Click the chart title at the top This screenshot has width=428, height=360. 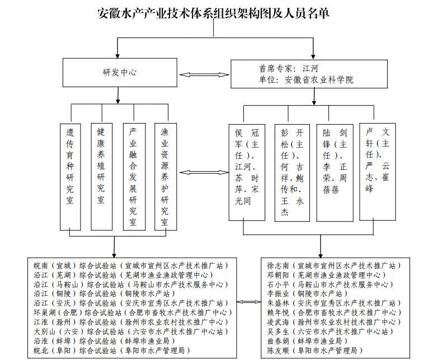pos(213,13)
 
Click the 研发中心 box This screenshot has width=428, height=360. pos(119,73)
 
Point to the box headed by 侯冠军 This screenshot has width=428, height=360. pos(247,172)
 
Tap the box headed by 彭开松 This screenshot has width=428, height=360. pos(292,172)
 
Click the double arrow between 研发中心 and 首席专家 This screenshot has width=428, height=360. pos(204,74)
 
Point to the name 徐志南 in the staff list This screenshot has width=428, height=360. pos(278,265)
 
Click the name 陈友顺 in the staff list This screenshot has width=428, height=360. pos(278,350)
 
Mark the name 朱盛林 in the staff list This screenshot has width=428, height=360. pos(278,303)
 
